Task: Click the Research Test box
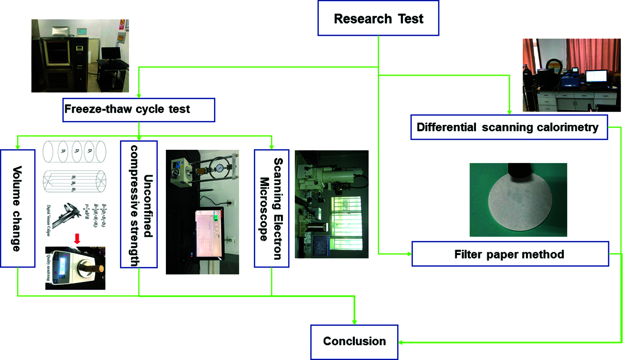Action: (378, 18)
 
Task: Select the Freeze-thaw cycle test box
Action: (138, 110)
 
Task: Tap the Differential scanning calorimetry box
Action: (509, 127)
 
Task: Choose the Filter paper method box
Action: (510, 254)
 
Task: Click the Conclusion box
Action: (354, 342)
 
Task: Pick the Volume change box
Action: (17, 208)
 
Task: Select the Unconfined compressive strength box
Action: (139, 205)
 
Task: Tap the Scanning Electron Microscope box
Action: (271, 208)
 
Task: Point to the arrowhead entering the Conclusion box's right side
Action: (400, 343)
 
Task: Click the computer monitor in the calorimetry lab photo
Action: (596, 76)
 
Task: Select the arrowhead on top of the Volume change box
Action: (17, 147)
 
